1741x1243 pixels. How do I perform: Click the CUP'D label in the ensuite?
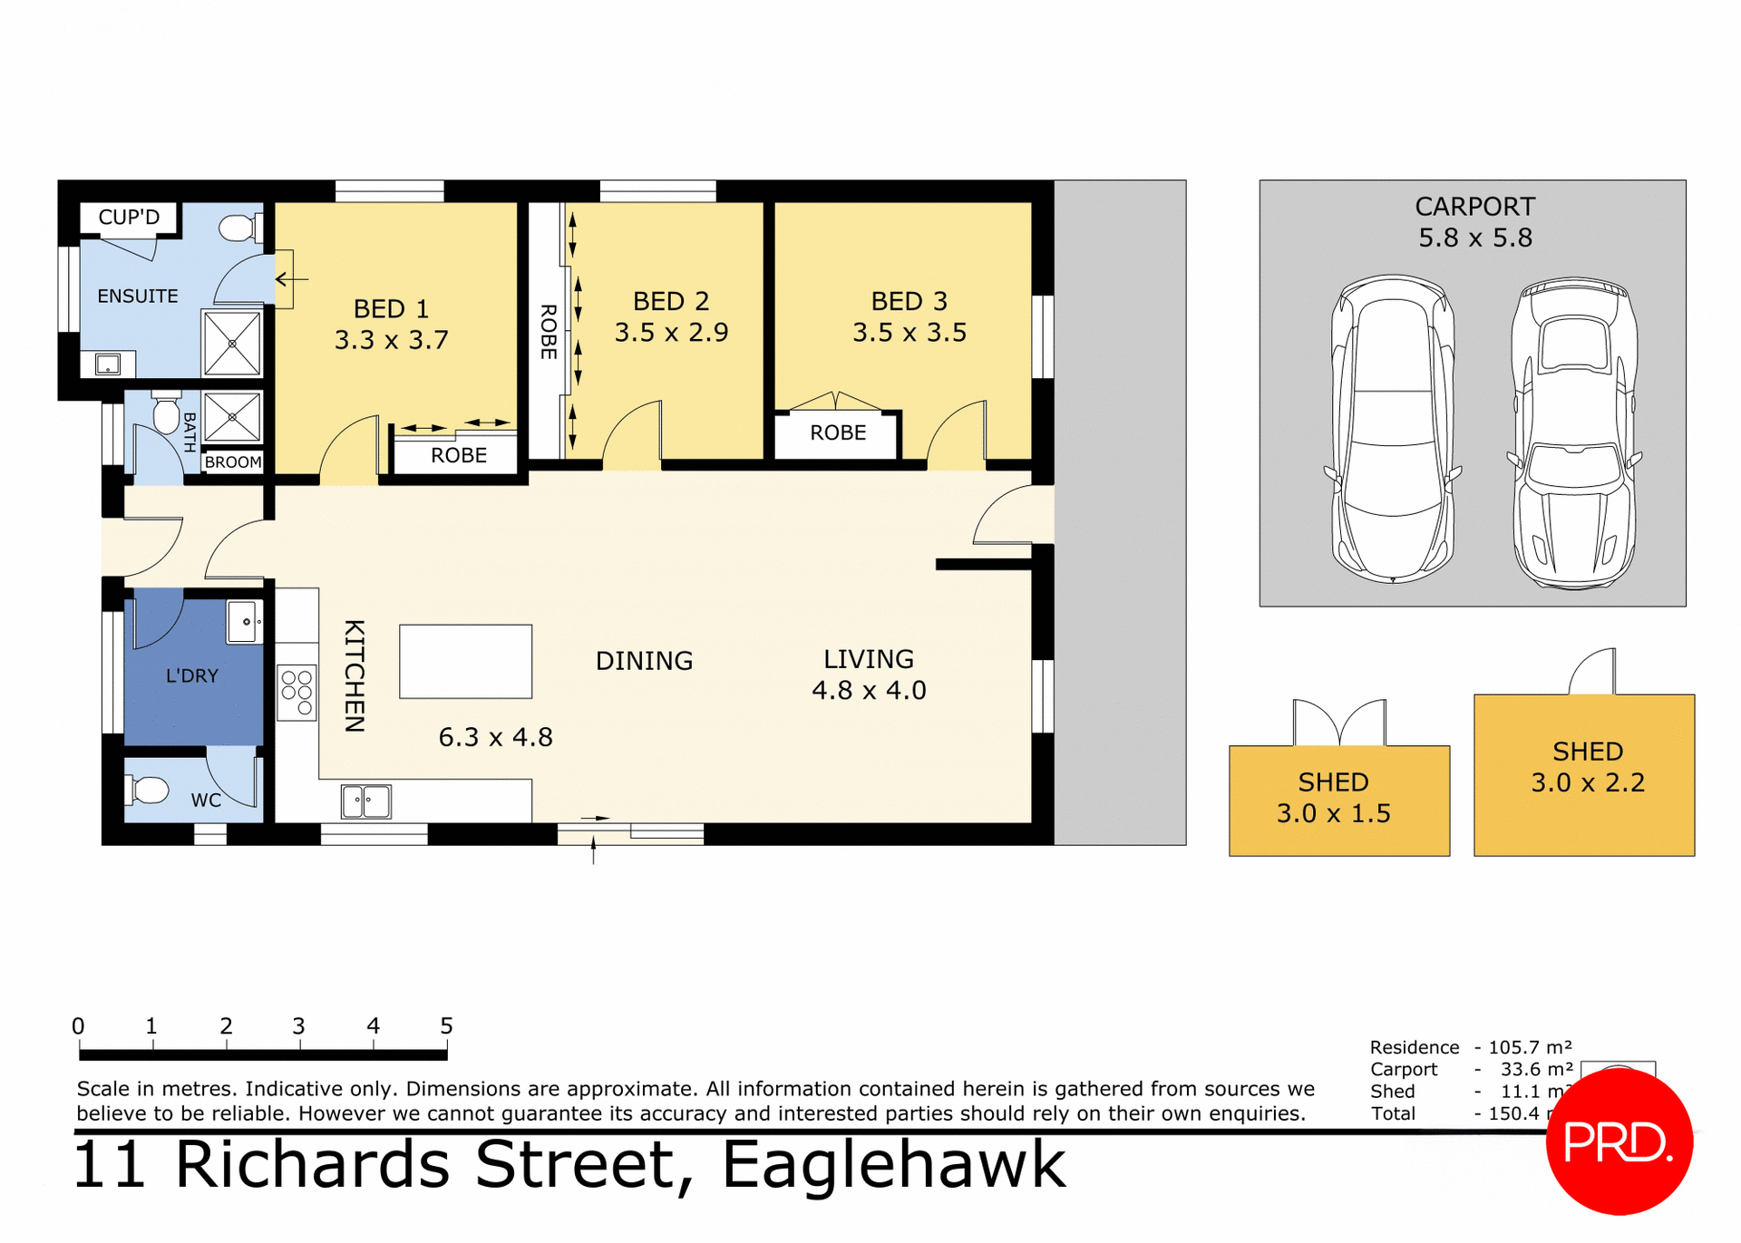click(129, 218)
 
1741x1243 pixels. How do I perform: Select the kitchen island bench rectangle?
click(465, 661)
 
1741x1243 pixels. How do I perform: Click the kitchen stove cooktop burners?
click(297, 693)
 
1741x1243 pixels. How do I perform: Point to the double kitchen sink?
click(366, 801)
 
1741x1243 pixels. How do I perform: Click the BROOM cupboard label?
click(233, 462)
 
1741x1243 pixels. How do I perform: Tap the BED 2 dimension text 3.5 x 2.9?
click(671, 333)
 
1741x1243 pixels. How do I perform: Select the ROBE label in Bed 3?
click(838, 433)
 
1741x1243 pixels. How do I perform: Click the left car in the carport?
click(1392, 428)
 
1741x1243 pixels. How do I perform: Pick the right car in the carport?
click(1575, 433)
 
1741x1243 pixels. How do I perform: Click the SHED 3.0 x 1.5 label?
click(1333, 798)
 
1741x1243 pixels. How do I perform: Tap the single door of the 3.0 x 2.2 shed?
click(1593, 672)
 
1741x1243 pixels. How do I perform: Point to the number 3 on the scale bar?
click(298, 1026)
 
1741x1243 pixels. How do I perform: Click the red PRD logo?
click(1619, 1142)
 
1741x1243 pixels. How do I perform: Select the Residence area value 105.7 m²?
click(1530, 1047)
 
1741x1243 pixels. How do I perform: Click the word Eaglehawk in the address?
click(893, 1165)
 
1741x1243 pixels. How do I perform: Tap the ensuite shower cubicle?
click(232, 344)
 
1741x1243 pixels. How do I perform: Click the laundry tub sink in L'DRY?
click(244, 622)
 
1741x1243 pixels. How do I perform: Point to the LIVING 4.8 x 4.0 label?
click(869, 675)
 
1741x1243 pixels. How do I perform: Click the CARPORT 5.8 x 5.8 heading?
click(1475, 222)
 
